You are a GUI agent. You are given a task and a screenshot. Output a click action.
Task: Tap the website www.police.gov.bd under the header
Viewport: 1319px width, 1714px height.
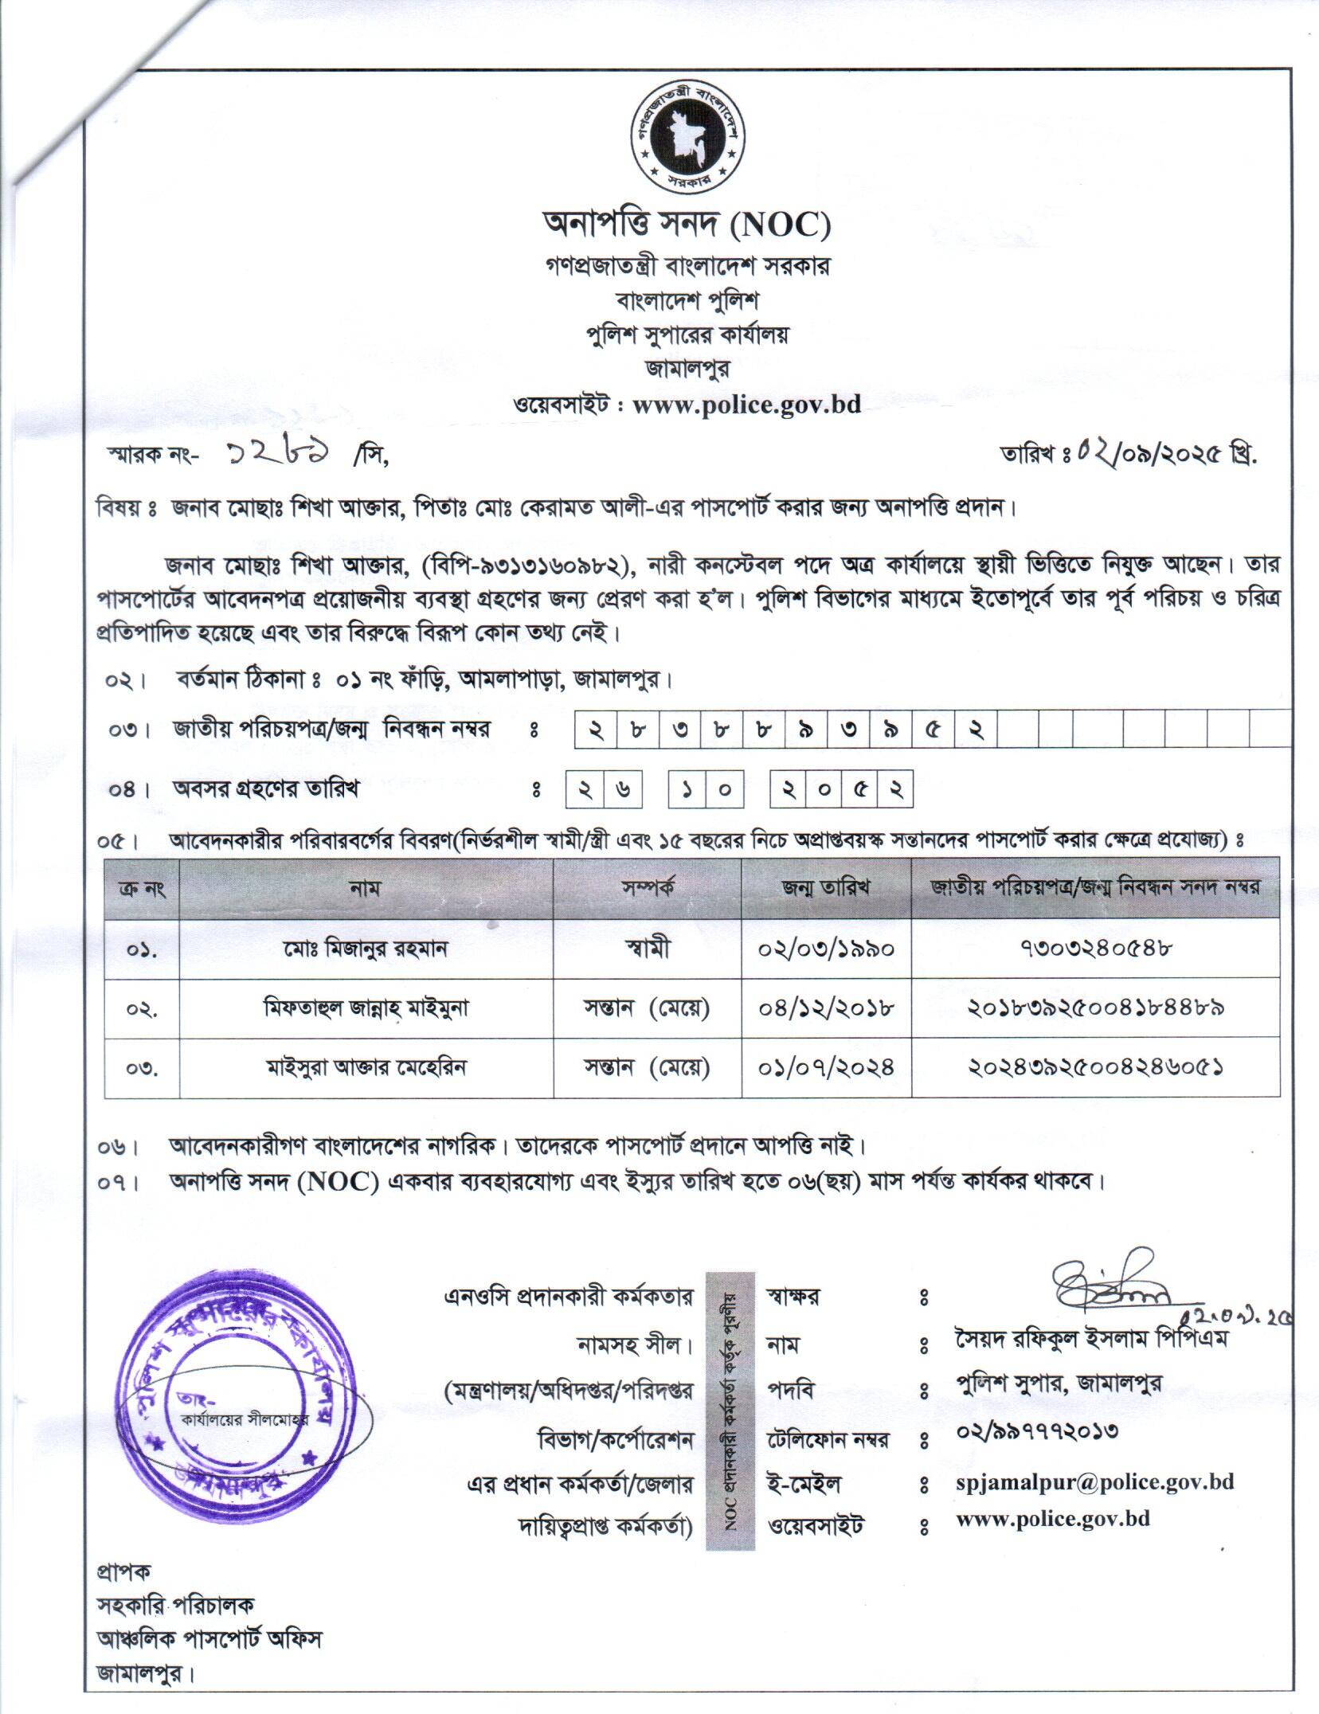(x=746, y=405)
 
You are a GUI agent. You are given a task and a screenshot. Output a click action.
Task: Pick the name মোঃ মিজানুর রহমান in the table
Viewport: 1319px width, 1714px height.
(x=366, y=949)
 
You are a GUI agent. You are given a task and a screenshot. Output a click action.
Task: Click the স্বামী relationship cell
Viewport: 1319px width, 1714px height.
(x=647, y=949)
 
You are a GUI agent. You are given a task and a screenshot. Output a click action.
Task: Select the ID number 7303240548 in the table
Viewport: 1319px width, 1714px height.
(x=1095, y=949)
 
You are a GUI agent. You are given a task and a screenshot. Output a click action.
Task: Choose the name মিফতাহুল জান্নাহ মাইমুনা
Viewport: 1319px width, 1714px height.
(x=366, y=1008)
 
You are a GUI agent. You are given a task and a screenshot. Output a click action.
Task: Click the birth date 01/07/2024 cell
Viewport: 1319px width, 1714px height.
(x=826, y=1067)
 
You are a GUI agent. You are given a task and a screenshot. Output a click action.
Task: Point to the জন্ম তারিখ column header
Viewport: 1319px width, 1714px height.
(x=826, y=887)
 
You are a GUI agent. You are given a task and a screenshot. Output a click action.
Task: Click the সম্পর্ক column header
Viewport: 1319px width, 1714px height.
(x=647, y=887)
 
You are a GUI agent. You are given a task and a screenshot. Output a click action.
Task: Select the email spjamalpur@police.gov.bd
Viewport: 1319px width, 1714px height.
(x=1094, y=1482)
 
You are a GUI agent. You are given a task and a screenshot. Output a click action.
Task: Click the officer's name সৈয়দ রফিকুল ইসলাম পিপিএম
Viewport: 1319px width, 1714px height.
(x=1092, y=1338)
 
